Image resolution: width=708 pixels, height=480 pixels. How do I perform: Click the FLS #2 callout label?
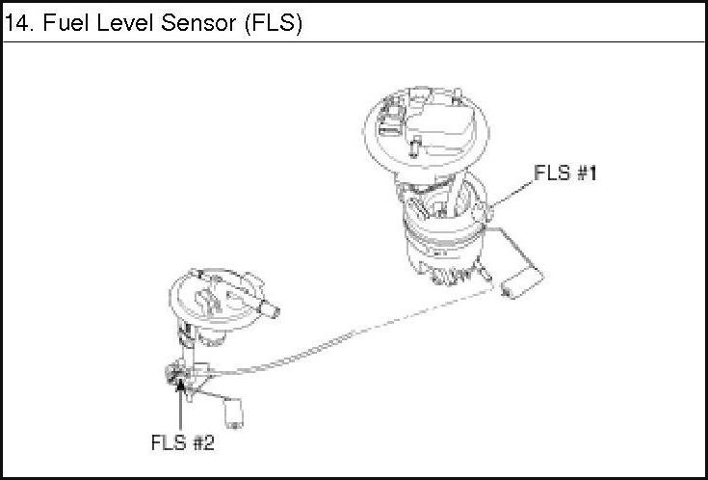pyautogui.click(x=182, y=444)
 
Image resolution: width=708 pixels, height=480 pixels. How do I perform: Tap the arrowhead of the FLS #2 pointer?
pyautogui.click(x=179, y=384)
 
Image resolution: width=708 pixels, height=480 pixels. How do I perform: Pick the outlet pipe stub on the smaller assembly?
pyautogui.click(x=269, y=310)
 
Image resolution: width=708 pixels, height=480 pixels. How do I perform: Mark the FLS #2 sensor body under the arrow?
pyautogui.click(x=177, y=370)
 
